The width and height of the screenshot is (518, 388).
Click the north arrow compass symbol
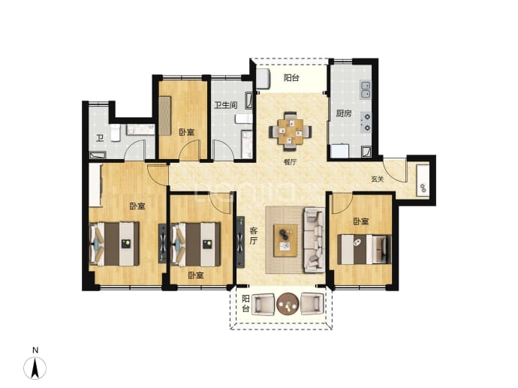point(35,368)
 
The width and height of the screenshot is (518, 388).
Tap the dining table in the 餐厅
point(291,132)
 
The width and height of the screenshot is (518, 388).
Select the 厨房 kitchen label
point(344,113)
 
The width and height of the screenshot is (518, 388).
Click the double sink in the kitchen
point(366,89)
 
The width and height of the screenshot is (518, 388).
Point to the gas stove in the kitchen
point(366,122)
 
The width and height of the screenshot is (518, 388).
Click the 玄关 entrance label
point(378,179)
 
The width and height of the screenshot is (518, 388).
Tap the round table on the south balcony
point(288,304)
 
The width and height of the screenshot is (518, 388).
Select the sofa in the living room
point(314,239)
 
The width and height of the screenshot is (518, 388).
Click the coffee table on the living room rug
point(285,240)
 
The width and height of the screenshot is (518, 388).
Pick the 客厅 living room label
point(253,236)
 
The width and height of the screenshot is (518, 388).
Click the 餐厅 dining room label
point(290,162)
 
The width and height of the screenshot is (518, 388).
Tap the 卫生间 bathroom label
point(226,105)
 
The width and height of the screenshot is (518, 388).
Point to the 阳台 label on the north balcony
point(292,78)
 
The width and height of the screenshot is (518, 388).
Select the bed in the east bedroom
point(364,249)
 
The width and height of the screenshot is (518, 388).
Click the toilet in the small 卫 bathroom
point(115,133)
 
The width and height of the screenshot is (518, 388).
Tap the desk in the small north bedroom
point(164,116)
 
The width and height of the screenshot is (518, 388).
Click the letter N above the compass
point(35,350)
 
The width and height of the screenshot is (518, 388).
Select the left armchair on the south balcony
point(264,305)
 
